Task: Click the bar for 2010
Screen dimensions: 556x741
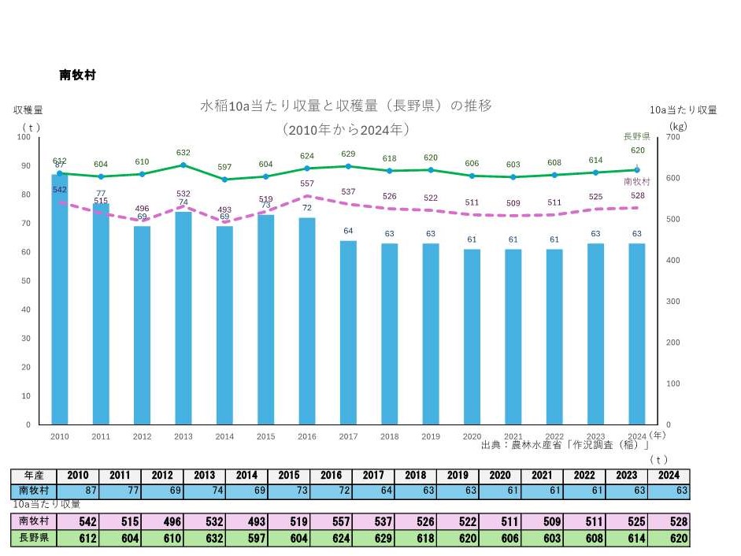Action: pyautogui.click(x=60, y=299)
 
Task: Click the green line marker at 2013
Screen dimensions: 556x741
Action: pyautogui.click(x=183, y=165)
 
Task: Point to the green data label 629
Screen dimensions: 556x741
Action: pyautogui.click(x=347, y=154)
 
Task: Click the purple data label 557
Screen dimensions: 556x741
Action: pyautogui.click(x=306, y=183)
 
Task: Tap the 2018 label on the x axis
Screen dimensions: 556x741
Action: pyautogui.click(x=389, y=436)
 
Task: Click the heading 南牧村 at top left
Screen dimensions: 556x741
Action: pyautogui.click(x=77, y=75)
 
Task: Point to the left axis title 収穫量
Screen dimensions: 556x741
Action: pyautogui.click(x=28, y=110)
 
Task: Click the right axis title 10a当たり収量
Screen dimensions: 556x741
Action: pyautogui.click(x=683, y=110)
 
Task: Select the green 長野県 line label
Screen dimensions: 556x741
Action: pyautogui.click(x=635, y=135)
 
